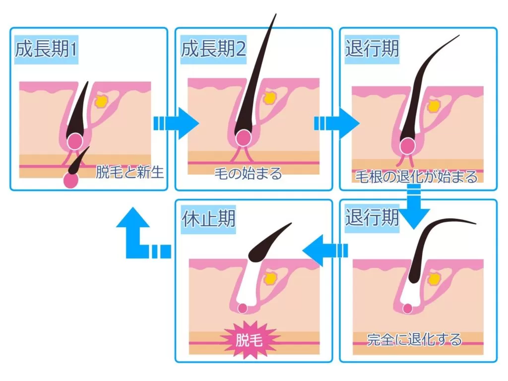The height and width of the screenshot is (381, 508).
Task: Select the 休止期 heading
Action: coord(208,218)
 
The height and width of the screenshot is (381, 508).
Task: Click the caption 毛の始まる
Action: coord(248,174)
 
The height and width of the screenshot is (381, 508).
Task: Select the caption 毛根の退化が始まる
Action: coord(416,176)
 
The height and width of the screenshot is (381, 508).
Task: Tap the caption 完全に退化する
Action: coord(414,339)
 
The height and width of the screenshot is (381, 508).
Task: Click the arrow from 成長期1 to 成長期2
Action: coord(176,123)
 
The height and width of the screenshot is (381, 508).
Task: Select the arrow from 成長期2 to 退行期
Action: coord(337,123)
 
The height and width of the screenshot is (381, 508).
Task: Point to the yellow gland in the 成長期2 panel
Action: coord(269,98)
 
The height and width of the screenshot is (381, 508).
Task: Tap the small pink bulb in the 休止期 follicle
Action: coord(243,308)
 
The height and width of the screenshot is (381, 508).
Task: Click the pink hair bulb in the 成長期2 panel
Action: coord(243,138)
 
